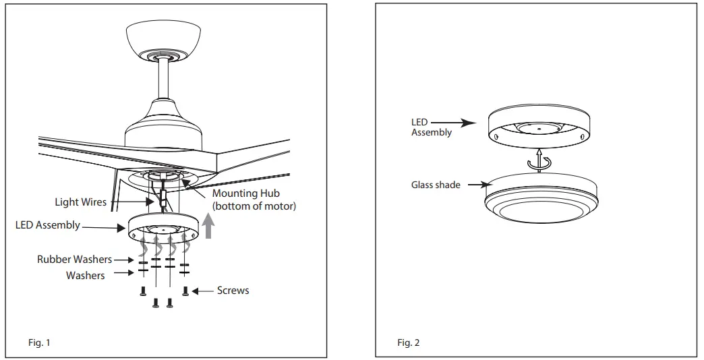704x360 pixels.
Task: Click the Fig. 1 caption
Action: point(39,343)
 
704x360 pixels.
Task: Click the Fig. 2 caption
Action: point(408,343)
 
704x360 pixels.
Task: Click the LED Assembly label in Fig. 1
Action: point(48,225)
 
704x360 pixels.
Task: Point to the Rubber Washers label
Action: point(74,260)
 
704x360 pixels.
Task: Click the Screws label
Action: point(233,291)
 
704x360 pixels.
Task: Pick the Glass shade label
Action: point(436,185)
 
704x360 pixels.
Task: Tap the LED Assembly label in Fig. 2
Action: point(432,127)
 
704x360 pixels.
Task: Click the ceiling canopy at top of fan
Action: point(165,40)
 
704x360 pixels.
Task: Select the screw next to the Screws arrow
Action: point(186,291)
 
